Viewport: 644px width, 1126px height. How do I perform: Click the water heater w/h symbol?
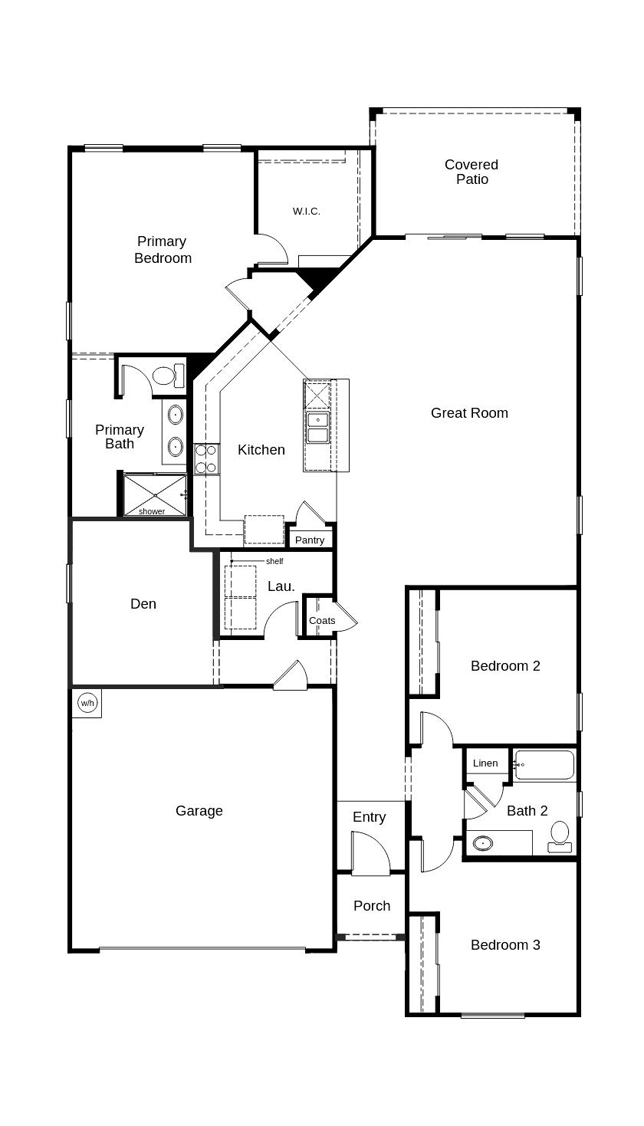coord(87,703)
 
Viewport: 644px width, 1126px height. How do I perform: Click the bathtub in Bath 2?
coord(544,764)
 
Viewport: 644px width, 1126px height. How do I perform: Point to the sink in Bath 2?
coord(482,844)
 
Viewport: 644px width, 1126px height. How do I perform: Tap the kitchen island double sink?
coord(317,427)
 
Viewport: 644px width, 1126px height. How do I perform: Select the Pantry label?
coord(310,540)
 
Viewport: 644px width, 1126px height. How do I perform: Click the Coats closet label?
coord(322,620)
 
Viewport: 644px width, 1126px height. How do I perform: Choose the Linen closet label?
coord(485,763)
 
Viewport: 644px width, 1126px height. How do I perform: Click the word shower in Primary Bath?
coord(152,511)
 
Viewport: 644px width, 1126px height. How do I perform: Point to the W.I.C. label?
coord(306,211)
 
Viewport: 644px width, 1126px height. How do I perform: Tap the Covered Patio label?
coord(472,172)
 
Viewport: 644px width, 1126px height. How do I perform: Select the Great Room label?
coord(469,412)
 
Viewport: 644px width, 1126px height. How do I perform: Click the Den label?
coord(143,603)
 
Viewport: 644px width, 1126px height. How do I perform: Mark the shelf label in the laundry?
coord(274,561)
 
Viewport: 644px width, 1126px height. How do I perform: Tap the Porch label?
coord(372,905)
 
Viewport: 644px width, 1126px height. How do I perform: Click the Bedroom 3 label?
coord(505,944)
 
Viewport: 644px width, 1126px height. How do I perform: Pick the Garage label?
coord(199,810)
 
